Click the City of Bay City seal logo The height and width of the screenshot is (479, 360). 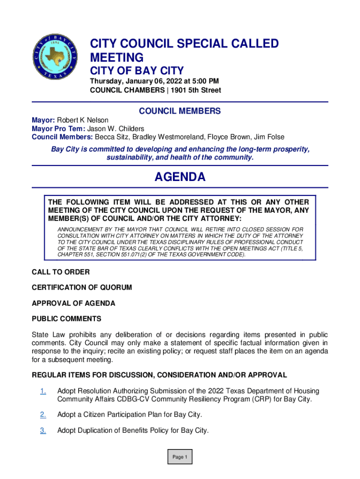click(x=54, y=57)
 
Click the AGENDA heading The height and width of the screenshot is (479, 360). click(x=180, y=177)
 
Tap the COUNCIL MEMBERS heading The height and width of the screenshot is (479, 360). click(x=180, y=111)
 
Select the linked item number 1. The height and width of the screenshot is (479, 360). click(x=43, y=391)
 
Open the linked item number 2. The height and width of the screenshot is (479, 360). click(x=43, y=415)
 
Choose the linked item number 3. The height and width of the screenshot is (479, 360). click(x=43, y=431)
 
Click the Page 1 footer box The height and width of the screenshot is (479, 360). click(x=180, y=457)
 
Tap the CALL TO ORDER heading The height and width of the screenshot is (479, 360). click(x=60, y=272)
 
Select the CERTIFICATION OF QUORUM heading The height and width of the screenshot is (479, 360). click(x=81, y=287)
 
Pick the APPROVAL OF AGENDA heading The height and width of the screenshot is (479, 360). click(x=73, y=303)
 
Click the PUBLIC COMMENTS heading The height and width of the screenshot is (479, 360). click(x=66, y=319)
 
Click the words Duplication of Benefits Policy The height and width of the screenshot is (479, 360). click(x=122, y=431)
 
